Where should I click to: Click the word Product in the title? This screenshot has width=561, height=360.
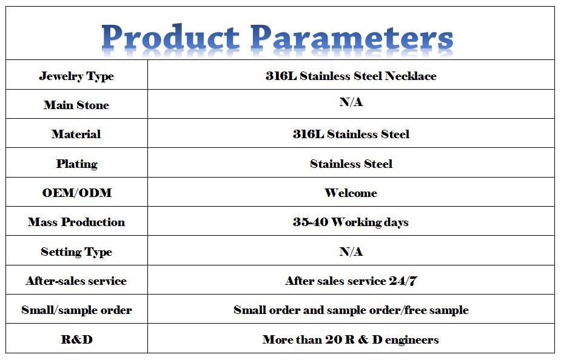[170, 37]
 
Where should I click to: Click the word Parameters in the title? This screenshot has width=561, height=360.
[352, 37]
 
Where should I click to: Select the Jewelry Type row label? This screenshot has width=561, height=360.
[76, 76]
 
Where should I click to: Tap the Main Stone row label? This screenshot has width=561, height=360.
[76, 105]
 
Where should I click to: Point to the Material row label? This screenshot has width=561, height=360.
[76, 134]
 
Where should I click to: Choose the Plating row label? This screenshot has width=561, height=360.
[77, 164]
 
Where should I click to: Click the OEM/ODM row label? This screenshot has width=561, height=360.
[77, 193]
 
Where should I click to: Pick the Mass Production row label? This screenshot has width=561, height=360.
[76, 222]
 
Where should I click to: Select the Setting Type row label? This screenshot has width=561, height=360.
[76, 252]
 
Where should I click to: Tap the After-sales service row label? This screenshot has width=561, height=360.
[76, 281]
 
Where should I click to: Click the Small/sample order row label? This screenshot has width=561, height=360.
[76, 310]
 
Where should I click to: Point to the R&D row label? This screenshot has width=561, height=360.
[77, 339]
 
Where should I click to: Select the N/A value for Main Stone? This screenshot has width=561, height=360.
[351, 102]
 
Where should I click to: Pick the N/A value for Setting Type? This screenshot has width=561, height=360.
[351, 252]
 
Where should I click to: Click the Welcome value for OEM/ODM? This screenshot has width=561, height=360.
[351, 193]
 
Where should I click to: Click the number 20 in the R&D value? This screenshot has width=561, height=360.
[334, 339]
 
